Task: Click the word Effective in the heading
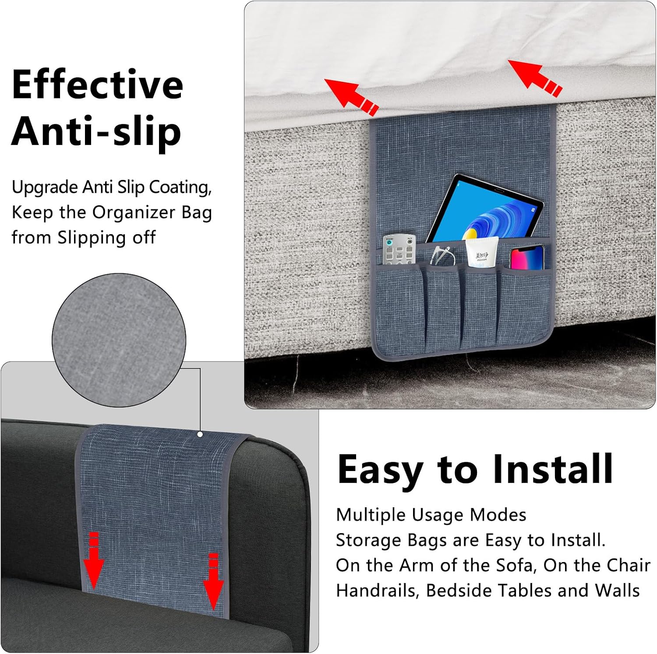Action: coord(97,84)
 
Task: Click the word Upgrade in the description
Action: coord(45,188)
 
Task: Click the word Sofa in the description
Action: coord(515,565)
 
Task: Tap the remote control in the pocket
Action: coord(399,250)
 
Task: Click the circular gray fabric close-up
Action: coord(119,340)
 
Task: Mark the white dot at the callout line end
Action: coord(200,435)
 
